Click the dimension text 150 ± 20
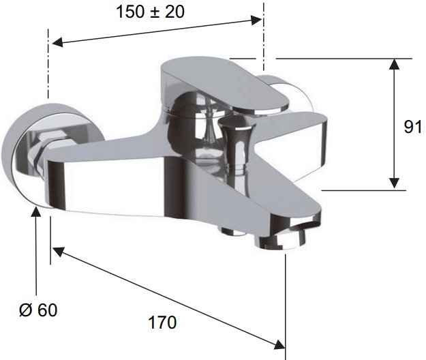[150, 12]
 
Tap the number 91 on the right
[413, 126]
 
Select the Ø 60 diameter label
[38, 310]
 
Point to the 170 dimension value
[162, 322]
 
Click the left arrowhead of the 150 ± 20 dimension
[57, 42]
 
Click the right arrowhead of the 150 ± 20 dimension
[256, 20]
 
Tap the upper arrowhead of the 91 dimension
[394, 64]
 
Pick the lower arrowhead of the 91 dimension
[394, 183]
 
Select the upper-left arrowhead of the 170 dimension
[58, 252]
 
